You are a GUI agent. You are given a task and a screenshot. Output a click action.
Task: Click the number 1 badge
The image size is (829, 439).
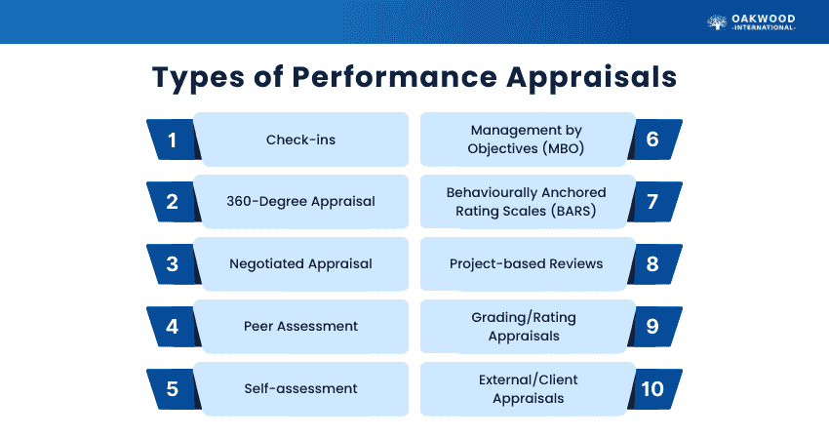[x=173, y=140]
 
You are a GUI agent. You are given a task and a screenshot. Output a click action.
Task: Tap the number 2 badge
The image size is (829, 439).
[x=173, y=202]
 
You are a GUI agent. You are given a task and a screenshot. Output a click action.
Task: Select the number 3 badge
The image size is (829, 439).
[x=173, y=263]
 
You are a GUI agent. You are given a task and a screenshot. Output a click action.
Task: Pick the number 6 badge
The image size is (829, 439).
[x=652, y=140]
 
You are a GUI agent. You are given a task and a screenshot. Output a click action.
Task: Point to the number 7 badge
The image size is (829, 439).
[x=652, y=202]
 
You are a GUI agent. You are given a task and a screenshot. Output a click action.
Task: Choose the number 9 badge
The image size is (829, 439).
[x=652, y=326]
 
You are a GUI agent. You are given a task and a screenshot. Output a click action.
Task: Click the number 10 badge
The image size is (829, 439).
[x=652, y=388]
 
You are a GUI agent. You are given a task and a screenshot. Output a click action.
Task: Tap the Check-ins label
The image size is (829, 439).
[x=300, y=140]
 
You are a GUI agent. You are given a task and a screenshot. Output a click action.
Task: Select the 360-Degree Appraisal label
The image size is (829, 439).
[x=300, y=202]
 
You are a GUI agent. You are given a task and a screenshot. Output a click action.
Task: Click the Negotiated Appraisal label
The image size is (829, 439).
[x=300, y=263]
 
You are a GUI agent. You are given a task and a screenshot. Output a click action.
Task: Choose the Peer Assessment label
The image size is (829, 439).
[x=300, y=326]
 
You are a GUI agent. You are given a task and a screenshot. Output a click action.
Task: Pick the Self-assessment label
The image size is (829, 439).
[x=300, y=388]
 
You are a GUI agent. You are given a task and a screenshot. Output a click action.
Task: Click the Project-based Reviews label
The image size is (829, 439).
[x=526, y=263]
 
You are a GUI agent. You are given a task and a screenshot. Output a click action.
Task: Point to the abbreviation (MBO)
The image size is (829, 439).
[x=567, y=148]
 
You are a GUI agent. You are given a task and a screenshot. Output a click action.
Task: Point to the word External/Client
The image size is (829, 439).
[x=528, y=379]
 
